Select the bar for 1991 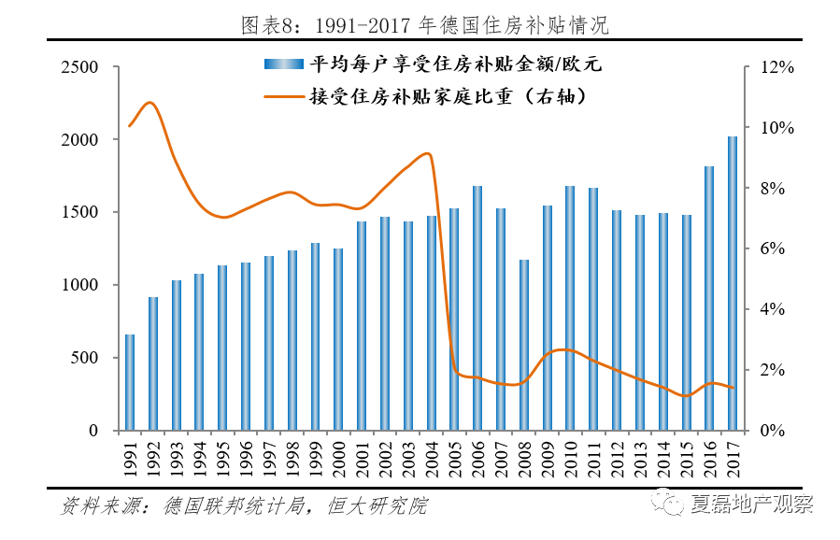(x=130, y=382)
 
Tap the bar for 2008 (x=524, y=345)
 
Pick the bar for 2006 (x=477, y=308)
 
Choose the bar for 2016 (x=709, y=298)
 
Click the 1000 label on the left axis (x=79, y=285)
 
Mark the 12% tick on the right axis (x=776, y=67)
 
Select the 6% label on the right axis (x=773, y=249)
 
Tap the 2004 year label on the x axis (x=432, y=461)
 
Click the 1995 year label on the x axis (x=223, y=461)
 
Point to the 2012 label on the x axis (x=617, y=461)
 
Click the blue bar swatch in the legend (x=284, y=64)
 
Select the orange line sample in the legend (x=284, y=95)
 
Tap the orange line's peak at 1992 (x=151, y=102)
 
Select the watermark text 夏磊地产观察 (x=751, y=504)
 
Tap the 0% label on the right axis (x=773, y=431)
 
